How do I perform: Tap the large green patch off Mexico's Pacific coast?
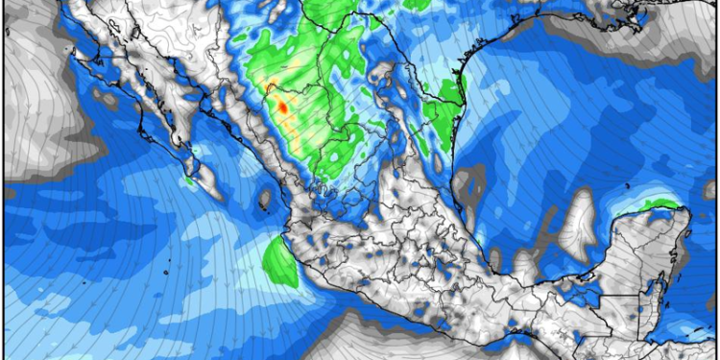pyautogui.click(x=279, y=260)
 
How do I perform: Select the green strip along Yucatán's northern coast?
pyautogui.click(x=661, y=204)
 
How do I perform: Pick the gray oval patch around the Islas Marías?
pyautogui.click(x=265, y=200)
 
